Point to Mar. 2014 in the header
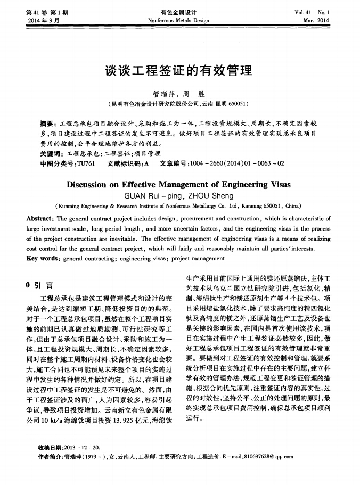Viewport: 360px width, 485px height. point(316,20)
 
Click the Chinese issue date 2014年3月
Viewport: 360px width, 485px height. point(43,20)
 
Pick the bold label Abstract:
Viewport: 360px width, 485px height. point(40,219)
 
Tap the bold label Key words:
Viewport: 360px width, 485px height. point(44,258)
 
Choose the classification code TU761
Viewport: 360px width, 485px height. point(86,163)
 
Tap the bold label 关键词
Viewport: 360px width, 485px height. point(51,153)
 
